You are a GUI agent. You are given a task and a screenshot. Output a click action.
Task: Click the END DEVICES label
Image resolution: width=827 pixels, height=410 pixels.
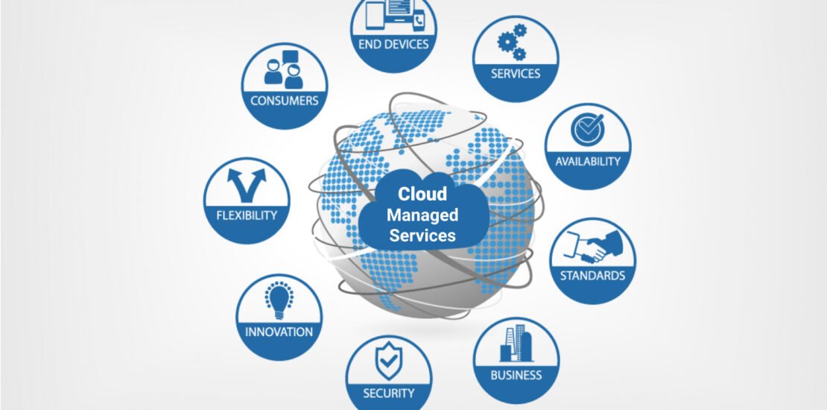pos(393,44)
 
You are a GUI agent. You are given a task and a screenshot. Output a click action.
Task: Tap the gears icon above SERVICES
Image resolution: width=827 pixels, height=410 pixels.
pos(512,42)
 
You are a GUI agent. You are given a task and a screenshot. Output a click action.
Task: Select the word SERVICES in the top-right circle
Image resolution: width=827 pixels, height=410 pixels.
pos(516,73)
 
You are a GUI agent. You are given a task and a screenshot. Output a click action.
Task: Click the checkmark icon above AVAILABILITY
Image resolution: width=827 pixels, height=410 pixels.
pos(588,129)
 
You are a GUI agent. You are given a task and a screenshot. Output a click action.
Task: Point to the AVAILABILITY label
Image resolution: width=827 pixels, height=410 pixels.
pos(588,162)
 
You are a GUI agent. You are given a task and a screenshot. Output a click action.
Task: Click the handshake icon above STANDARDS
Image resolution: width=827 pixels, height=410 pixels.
pos(593,246)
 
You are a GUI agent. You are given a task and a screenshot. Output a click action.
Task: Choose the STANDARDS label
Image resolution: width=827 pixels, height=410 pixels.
pos(592,275)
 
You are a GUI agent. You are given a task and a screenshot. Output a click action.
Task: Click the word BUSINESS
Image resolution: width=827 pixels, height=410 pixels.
pos(516,375)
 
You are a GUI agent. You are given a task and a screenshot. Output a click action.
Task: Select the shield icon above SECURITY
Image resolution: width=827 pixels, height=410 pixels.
pos(389,360)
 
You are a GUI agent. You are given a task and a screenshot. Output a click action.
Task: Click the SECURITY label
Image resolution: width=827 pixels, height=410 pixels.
pos(389,393)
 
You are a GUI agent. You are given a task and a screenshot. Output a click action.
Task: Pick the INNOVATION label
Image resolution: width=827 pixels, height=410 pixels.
pos(279,332)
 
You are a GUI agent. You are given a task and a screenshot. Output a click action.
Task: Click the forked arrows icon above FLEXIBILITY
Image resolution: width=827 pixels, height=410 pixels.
pos(247,185)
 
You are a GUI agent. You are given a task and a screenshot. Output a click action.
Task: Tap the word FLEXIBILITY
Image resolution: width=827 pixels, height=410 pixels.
pos(247,215)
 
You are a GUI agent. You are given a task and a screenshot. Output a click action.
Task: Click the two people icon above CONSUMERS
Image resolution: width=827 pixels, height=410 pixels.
pos(285,69)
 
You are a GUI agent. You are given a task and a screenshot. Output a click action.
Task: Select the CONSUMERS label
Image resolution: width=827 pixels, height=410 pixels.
pos(285,101)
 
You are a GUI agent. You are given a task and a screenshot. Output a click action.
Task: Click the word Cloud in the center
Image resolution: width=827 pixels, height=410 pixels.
pos(422,194)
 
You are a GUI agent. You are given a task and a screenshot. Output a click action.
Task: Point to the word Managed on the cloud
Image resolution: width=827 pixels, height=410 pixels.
pos(422,215)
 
